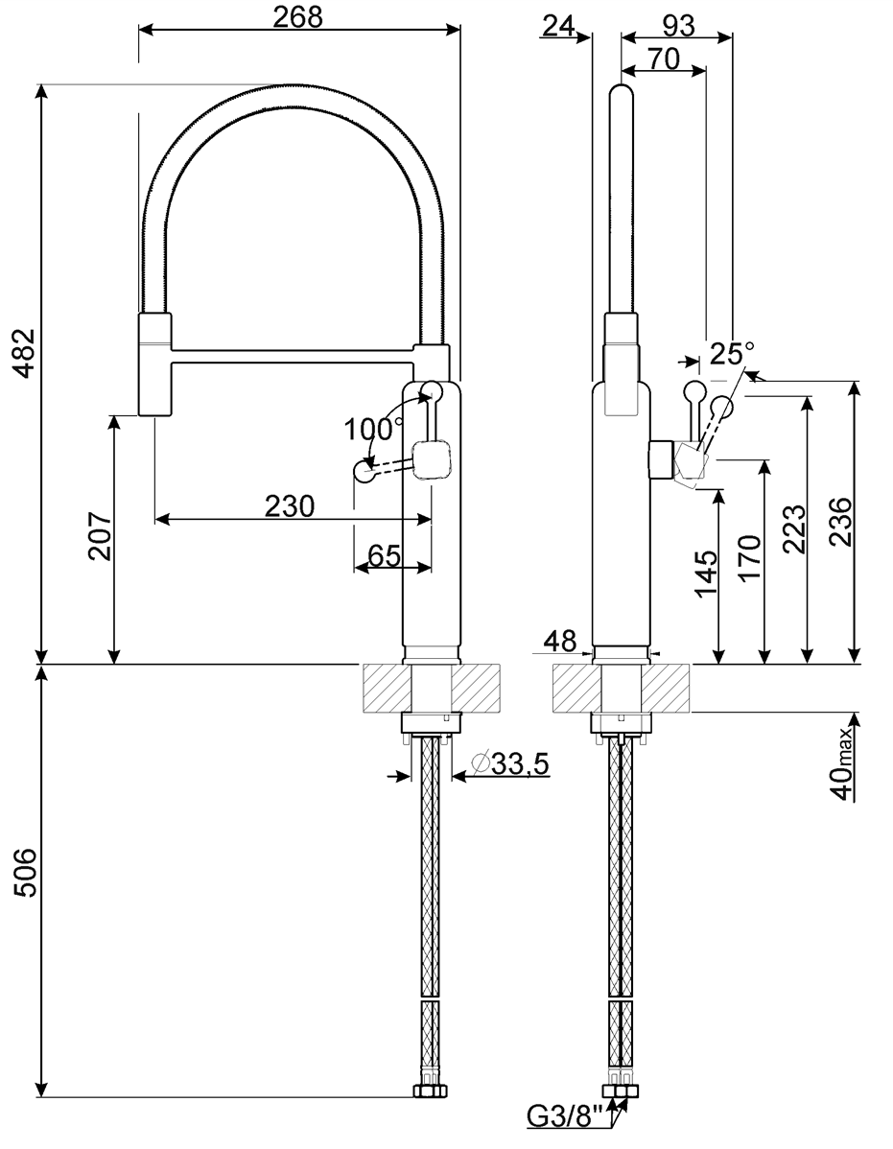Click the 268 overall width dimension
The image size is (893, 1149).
[x=298, y=17]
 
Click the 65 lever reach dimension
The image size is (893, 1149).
[x=384, y=555]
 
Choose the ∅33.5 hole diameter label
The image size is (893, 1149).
[x=512, y=763]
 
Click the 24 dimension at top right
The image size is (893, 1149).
[x=559, y=26]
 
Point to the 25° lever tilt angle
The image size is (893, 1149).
[x=732, y=354]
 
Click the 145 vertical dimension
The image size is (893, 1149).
[x=706, y=574]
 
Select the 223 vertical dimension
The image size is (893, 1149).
[x=793, y=528]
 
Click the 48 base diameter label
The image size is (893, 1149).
[x=559, y=641]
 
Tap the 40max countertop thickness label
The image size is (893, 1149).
[x=842, y=762]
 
